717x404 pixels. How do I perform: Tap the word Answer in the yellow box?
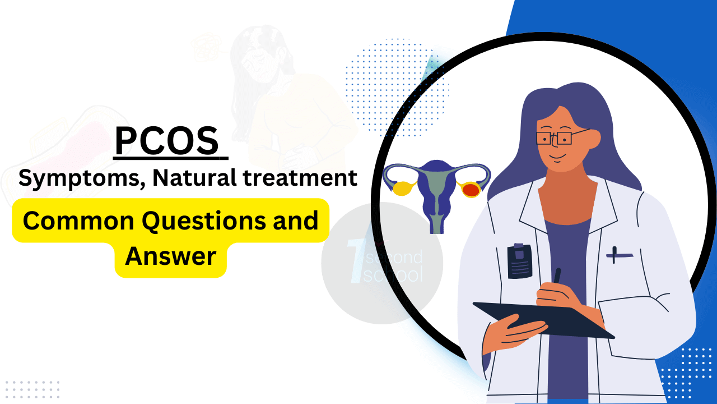click(x=170, y=256)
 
